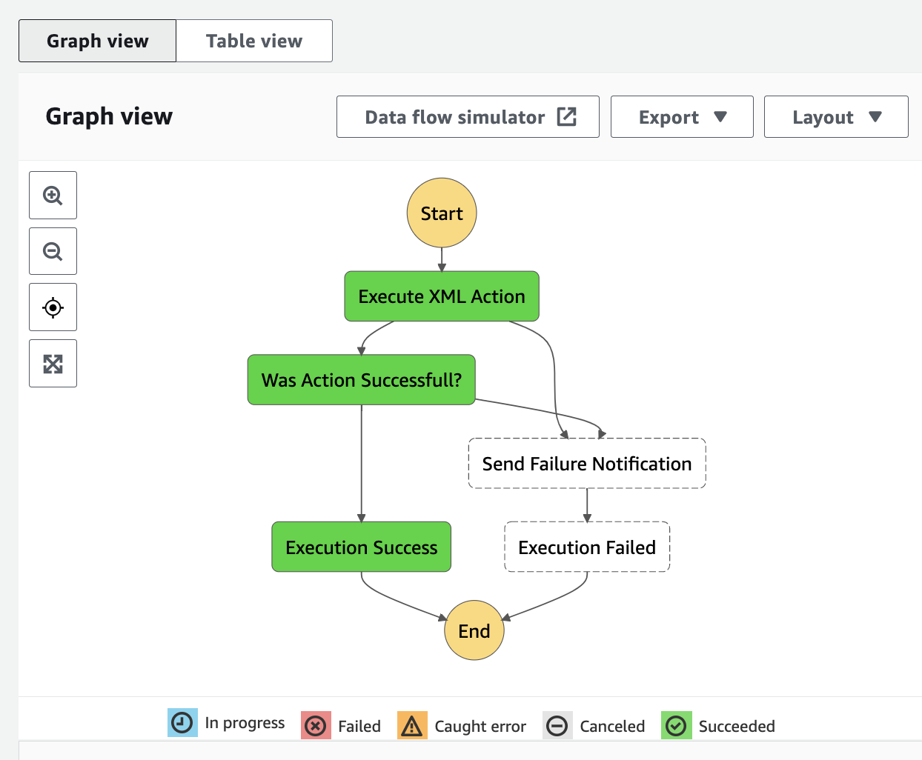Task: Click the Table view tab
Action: point(254,41)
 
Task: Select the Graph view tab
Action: point(97,41)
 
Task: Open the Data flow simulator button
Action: point(468,117)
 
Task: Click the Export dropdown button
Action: point(682,117)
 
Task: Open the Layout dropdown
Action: point(836,117)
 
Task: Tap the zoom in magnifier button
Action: point(53,195)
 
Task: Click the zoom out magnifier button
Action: point(53,251)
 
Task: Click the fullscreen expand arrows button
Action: point(53,364)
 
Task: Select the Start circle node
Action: point(442,213)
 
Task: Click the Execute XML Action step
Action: point(442,296)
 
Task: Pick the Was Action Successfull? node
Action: point(361,379)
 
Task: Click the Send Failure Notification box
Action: point(587,464)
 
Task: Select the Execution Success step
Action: point(361,547)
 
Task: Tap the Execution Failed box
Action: point(587,547)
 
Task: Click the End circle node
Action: point(474,630)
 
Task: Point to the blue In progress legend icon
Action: point(182,723)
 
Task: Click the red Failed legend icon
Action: point(316,726)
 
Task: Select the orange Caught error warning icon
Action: point(412,726)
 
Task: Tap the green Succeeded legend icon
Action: point(676,726)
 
